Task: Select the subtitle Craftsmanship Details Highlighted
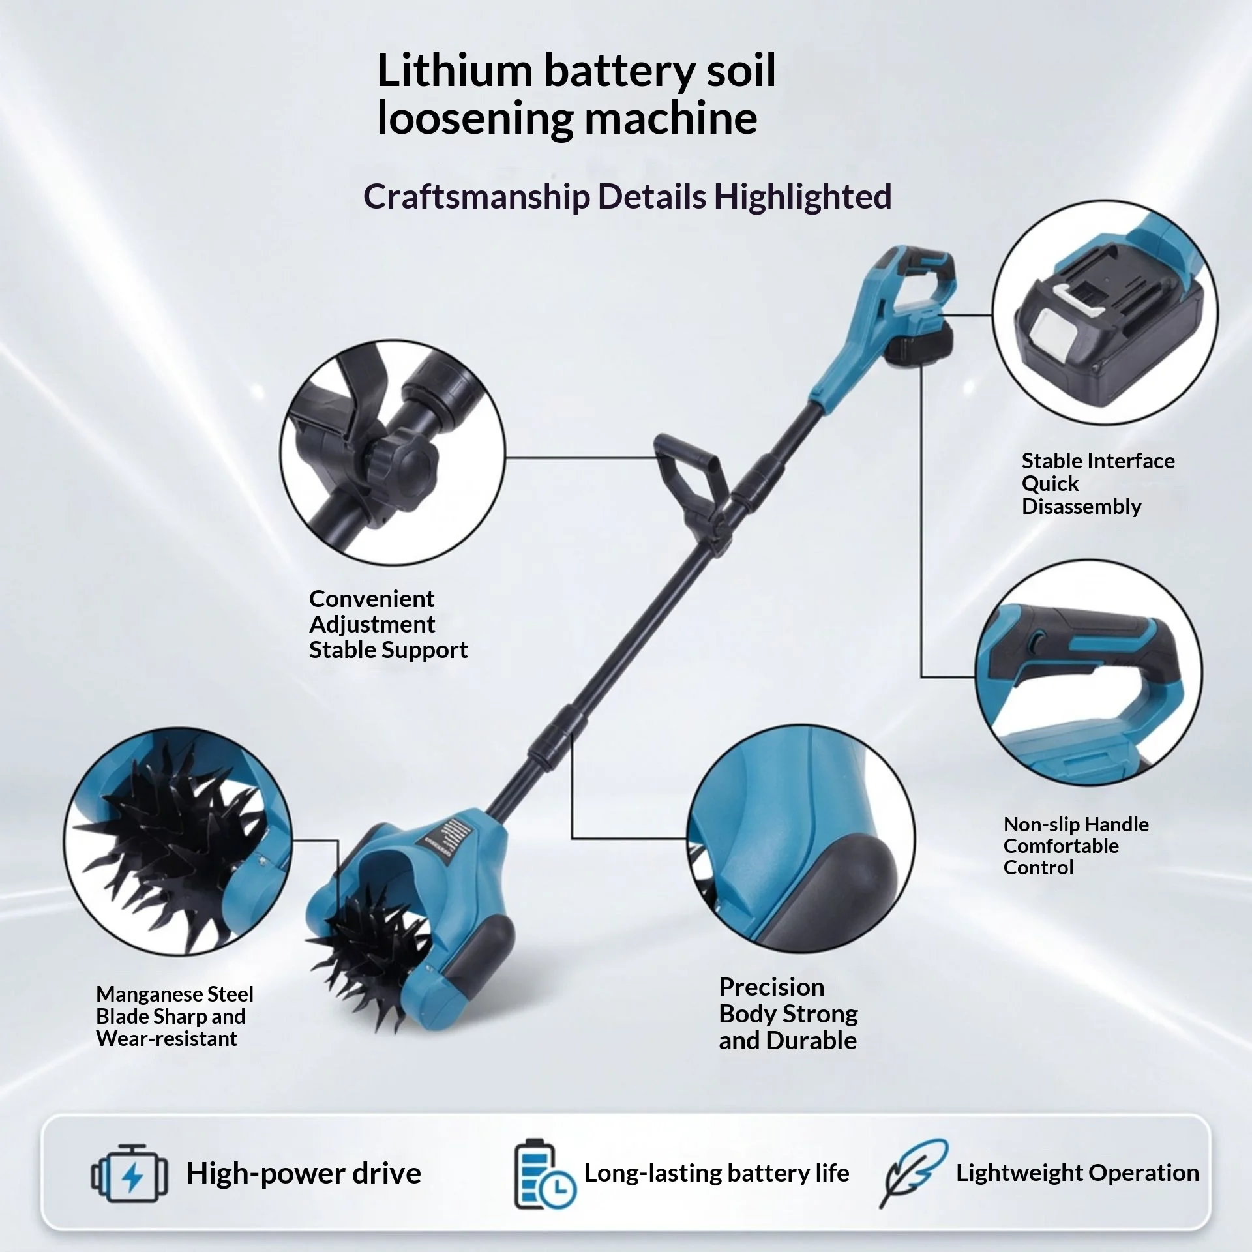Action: (627, 196)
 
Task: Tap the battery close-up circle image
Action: (1105, 314)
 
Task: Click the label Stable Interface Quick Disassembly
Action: (1098, 483)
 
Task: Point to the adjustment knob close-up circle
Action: (393, 453)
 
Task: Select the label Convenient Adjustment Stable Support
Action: (388, 624)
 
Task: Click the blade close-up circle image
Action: (178, 841)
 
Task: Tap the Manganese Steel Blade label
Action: (174, 1016)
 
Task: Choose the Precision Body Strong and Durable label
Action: (788, 1013)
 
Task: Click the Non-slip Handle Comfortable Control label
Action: (1076, 846)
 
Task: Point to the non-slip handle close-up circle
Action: (1088, 672)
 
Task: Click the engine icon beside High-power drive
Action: (129, 1172)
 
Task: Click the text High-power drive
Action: (303, 1173)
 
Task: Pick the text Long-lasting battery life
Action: (717, 1172)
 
